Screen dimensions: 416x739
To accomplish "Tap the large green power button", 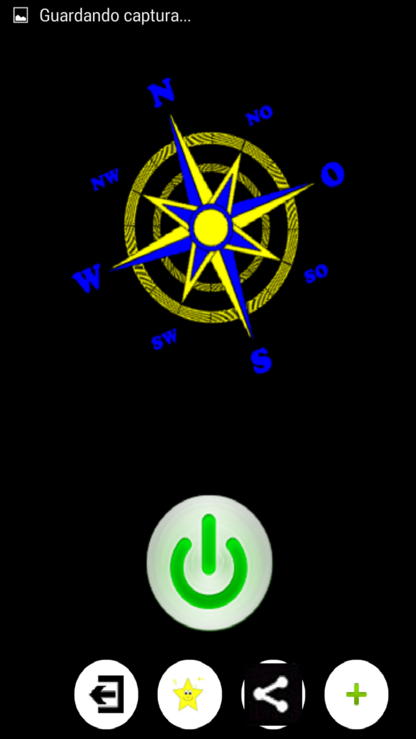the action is (209, 562).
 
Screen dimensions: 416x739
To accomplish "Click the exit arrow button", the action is (106, 693).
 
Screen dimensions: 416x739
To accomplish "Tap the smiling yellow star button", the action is (189, 693).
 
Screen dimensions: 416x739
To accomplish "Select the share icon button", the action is (273, 693).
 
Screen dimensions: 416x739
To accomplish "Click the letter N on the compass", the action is (161, 94).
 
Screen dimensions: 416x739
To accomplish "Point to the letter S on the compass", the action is (261, 361).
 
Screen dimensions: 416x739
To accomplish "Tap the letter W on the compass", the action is (88, 279).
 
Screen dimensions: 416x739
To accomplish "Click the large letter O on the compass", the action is (332, 174).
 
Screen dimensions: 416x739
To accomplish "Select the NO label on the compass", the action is (259, 116).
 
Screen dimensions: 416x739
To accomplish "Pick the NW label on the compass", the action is (105, 180).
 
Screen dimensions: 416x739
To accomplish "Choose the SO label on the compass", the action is (316, 274).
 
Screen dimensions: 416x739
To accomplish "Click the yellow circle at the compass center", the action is (210, 227).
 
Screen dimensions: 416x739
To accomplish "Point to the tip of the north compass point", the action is (171, 116).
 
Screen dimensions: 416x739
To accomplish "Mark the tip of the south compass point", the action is (251, 337).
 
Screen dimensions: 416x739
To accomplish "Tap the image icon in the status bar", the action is (21, 16).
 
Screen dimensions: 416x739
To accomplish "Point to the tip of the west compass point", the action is (110, 270).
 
